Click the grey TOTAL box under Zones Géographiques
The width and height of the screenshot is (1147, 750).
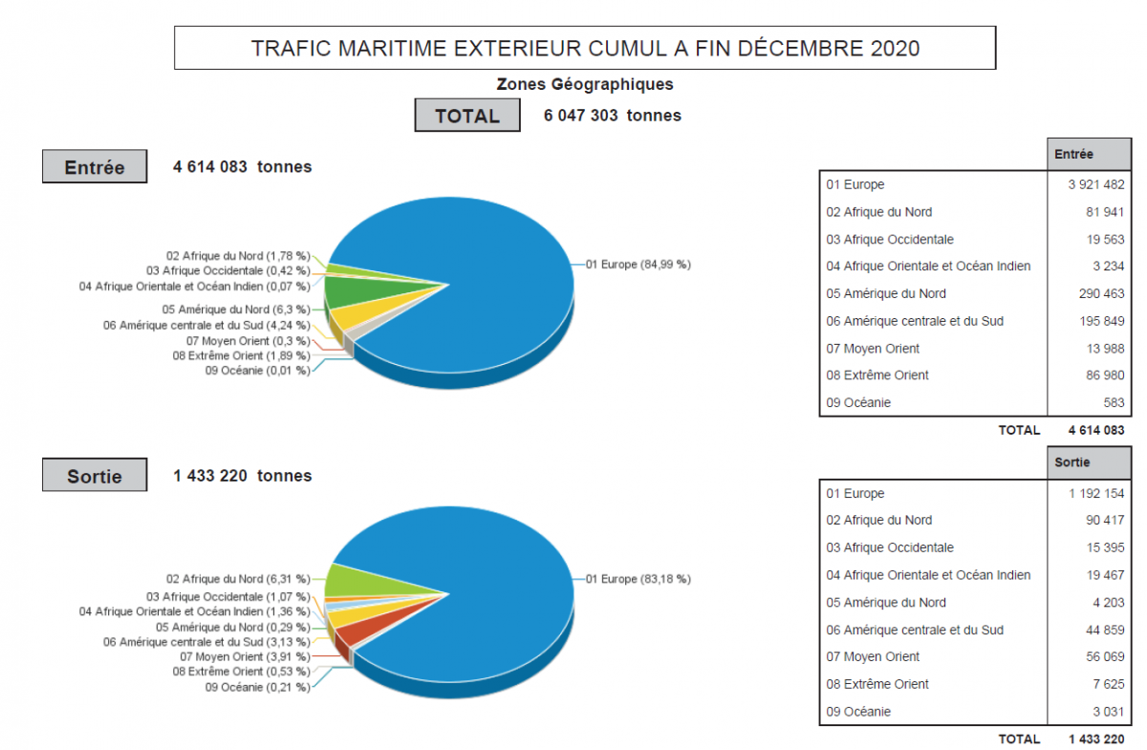[467, 116]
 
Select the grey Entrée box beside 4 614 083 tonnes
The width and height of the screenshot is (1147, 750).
[95, 167]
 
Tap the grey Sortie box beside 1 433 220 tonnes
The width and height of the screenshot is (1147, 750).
[95, 475]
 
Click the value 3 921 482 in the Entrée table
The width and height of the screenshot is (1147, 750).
[1096, 184]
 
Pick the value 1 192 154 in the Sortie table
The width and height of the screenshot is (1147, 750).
[1096, 494]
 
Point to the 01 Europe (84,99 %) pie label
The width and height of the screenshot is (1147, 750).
[638, 264]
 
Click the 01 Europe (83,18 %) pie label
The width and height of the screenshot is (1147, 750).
[638, 578]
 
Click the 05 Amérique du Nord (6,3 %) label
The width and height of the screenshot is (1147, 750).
[236, 310]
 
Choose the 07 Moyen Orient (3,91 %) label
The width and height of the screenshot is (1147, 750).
[245, 656]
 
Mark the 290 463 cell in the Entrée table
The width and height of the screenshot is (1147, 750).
[1096, 293]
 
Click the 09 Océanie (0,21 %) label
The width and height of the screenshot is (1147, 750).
[257, 687]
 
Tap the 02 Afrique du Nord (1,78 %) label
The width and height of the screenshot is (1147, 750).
[238, 255]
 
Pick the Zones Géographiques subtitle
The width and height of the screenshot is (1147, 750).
[585, 84]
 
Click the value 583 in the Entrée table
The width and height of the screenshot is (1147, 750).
[1113, 402]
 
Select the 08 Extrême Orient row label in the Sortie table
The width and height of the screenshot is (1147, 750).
[877, 684]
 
